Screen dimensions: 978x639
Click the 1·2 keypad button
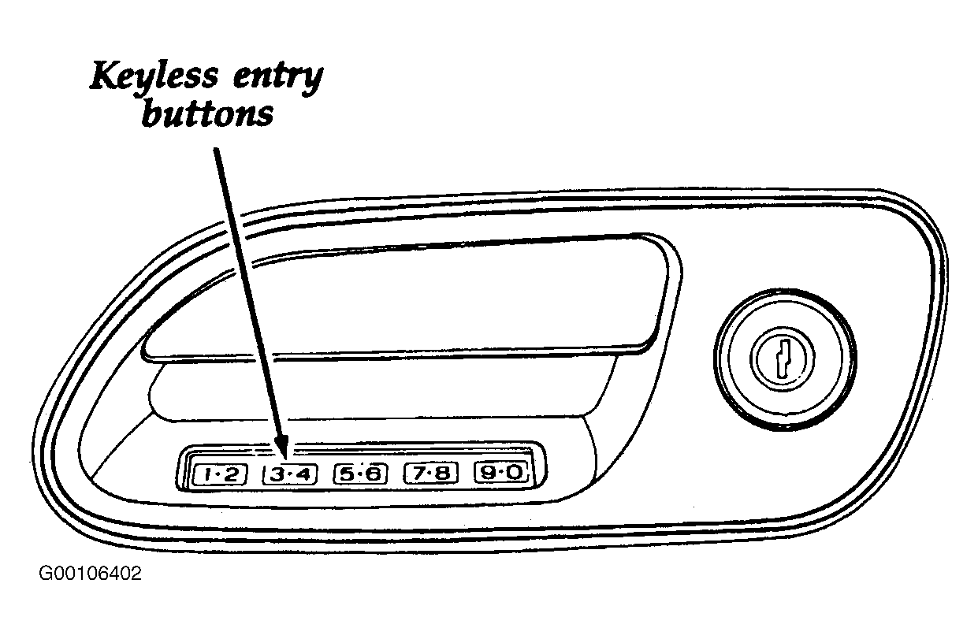[220, 474]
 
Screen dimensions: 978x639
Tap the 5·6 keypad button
[360, 474]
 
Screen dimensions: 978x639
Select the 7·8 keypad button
[431, 473]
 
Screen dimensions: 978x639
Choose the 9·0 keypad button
[500, 472]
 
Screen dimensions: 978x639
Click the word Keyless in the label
[154, 76]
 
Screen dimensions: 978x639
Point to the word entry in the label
[278, 80]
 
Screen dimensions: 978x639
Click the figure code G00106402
[91, 573]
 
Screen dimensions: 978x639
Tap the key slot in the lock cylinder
[784, 359]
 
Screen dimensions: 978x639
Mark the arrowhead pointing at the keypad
[281, 447]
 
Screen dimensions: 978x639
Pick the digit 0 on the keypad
[515, 472]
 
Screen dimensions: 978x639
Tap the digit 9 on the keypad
[487, 472]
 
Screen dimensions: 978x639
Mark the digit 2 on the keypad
[232, 474]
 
